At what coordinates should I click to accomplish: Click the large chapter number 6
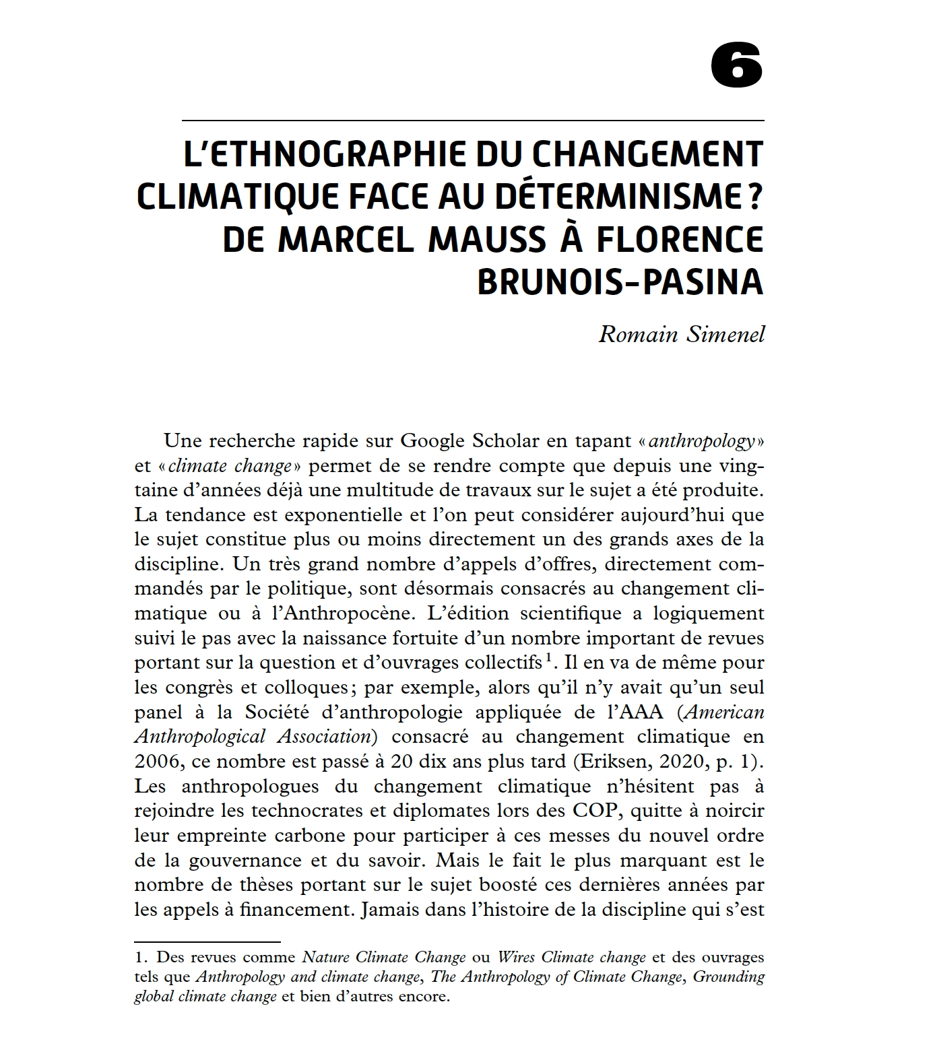pyautogui.click(x=736, y=67)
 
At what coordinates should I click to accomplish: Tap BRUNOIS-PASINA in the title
pyautogui.click(x=620, y=282)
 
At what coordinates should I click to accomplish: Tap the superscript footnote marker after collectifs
pyautogui.click(x=550, y=657)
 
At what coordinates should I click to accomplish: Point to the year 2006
pyautogui.click(x=159, y=761)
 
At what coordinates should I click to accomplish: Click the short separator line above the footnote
pyautogui.click(x=207, y=941)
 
